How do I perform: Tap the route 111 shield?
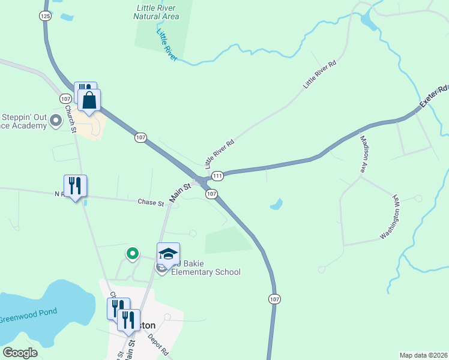(x=217, y=175)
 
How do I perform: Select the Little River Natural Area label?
(x=158, y=12)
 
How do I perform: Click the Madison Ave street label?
(x=363, y=154)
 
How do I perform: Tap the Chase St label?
(x=151, y=203)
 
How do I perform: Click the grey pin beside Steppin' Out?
(x=56, y=121)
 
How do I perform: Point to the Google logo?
(x=20, y=353)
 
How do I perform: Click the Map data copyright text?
(x=423, y=355)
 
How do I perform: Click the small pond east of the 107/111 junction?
(x=276, y=205)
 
